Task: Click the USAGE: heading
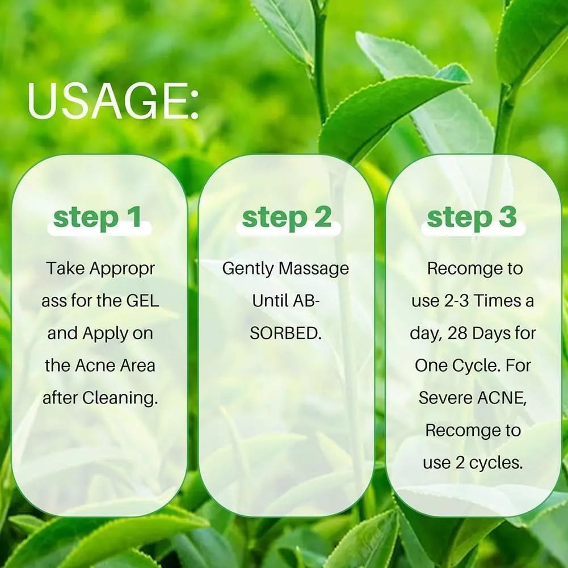(113, 101)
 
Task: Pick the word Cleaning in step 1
(120, 398)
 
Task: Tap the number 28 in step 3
(457, 333)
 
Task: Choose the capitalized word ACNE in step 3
(500, 398)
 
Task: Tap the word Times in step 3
(495, 301)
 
